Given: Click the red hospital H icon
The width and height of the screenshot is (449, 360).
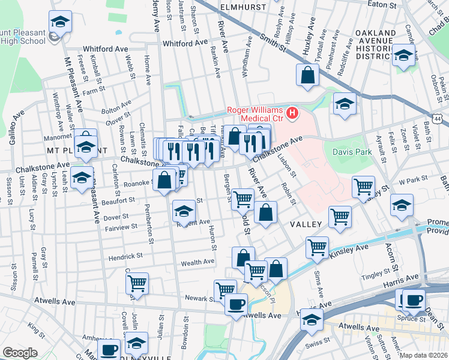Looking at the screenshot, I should point(292,112).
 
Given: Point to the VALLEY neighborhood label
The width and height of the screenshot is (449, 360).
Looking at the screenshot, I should point(308,224).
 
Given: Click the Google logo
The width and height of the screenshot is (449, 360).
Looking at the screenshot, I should point(20,353).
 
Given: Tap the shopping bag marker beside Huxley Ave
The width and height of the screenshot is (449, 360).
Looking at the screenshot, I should point(307,76).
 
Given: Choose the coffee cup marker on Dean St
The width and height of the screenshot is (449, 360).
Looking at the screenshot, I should point(413,300).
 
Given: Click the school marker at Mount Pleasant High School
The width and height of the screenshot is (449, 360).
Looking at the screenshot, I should point(59,23).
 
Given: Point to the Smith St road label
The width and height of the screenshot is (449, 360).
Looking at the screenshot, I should point(273,39).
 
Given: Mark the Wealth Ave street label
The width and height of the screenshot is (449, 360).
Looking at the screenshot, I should point(197,262).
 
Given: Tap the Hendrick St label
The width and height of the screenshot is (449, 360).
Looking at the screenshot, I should point(125,256).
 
